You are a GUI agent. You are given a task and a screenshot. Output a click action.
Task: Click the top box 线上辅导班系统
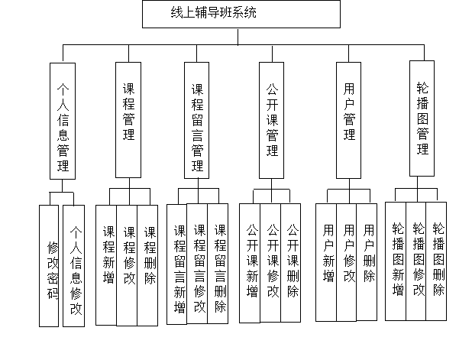tap(241, 14)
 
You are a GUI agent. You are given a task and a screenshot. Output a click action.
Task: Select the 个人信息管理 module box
tap(63, 121)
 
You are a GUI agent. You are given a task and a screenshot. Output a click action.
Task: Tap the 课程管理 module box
tap(128, 118)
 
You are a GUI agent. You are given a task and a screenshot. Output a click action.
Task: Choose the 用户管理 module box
tap(350, 118)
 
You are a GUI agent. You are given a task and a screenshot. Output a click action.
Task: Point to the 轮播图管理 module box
tap(423, 118)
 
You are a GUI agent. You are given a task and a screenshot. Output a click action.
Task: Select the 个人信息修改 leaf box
tap(75, 267)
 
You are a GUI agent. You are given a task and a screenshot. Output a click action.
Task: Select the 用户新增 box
tap(328, 261)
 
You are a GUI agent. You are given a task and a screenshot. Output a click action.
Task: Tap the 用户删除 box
tap(368, 261)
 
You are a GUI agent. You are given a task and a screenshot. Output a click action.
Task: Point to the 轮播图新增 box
tap(397, 259)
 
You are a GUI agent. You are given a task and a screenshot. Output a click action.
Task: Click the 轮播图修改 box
tap(418, 259)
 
